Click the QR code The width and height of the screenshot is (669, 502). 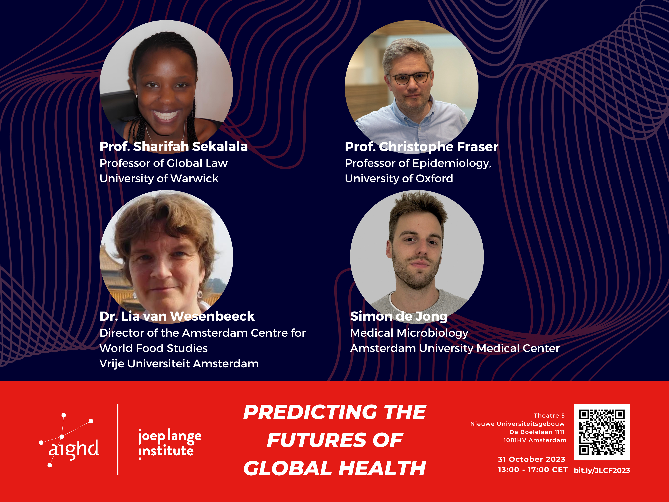coord(602,432)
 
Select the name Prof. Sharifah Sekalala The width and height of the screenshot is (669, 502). coord(174,146)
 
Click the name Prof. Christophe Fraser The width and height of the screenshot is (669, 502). coord(421,147)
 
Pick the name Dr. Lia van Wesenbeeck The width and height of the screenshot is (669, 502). coord(177,316)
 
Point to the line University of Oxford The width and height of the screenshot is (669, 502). coord(399,179)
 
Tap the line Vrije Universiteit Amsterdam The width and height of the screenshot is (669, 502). coord(179,363)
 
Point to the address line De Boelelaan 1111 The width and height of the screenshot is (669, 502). coord(537,432)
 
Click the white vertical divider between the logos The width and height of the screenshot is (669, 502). coord(118,439)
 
